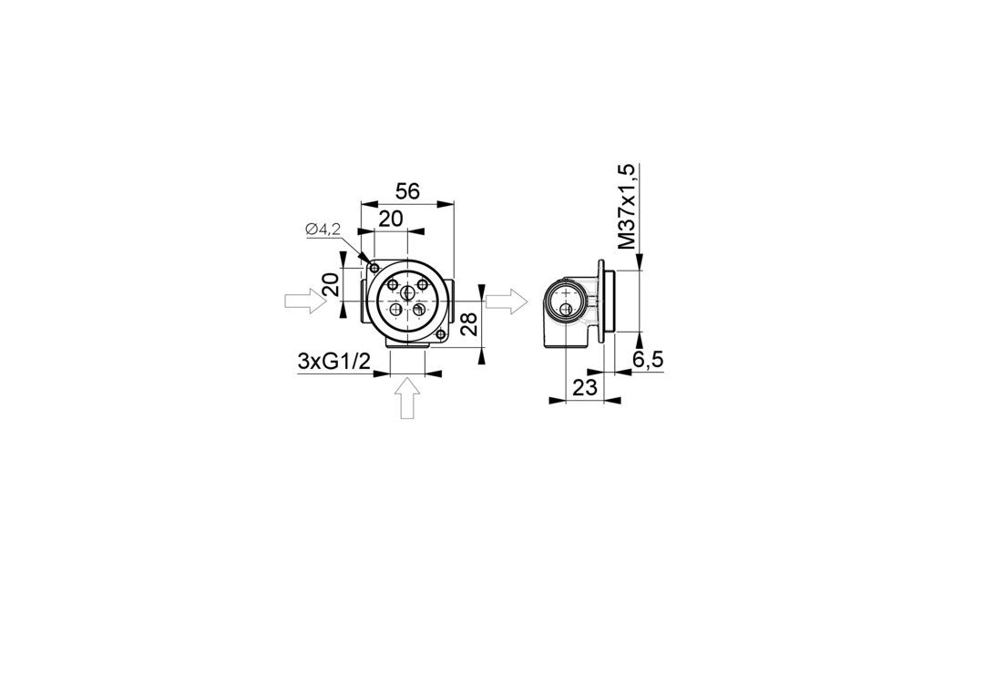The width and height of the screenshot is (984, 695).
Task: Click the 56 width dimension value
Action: point(407,190)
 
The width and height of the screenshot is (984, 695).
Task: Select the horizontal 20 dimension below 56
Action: point(390,219)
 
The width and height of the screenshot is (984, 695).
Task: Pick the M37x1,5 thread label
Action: point(627,207)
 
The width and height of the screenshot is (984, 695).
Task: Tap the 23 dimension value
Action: point(585,388)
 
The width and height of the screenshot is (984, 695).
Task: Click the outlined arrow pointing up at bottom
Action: point(408,398)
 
